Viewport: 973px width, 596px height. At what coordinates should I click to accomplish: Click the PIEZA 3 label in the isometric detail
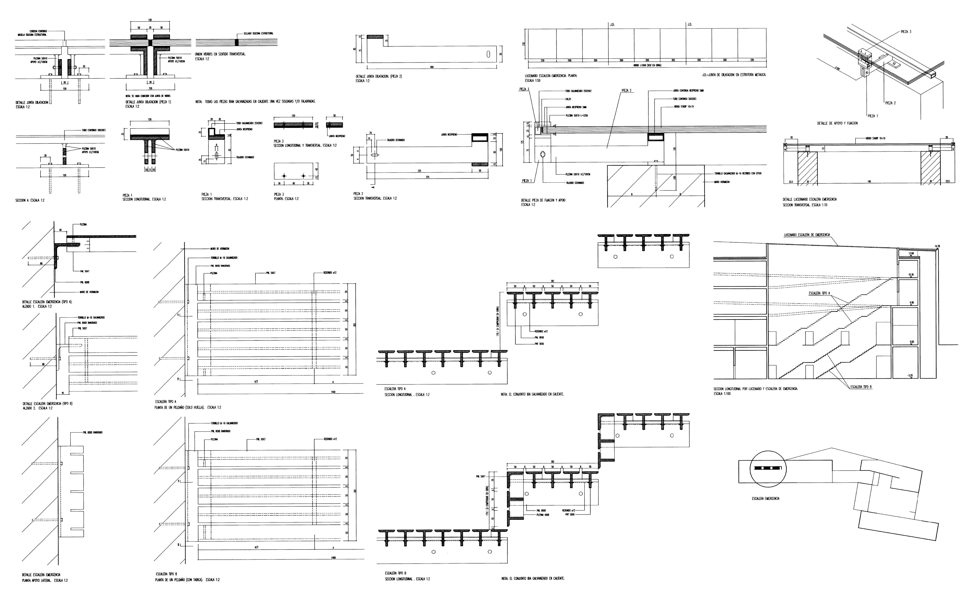coord(906,32)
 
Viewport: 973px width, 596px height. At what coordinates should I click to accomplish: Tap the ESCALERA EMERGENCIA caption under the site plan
coord(765,498)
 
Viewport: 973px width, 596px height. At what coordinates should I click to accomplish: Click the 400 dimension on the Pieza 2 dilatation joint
coord(432,67)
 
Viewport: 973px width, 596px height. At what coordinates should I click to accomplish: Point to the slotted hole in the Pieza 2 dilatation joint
coord(489,54)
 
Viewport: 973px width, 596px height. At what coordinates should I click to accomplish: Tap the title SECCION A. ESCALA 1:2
coord(30,200)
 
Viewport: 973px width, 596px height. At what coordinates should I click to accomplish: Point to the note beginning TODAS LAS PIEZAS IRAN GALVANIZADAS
coord(256,101)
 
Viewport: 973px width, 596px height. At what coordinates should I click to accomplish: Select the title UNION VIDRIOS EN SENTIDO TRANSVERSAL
coord(220,54)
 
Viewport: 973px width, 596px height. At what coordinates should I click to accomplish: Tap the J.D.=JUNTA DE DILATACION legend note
coord(734,75)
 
